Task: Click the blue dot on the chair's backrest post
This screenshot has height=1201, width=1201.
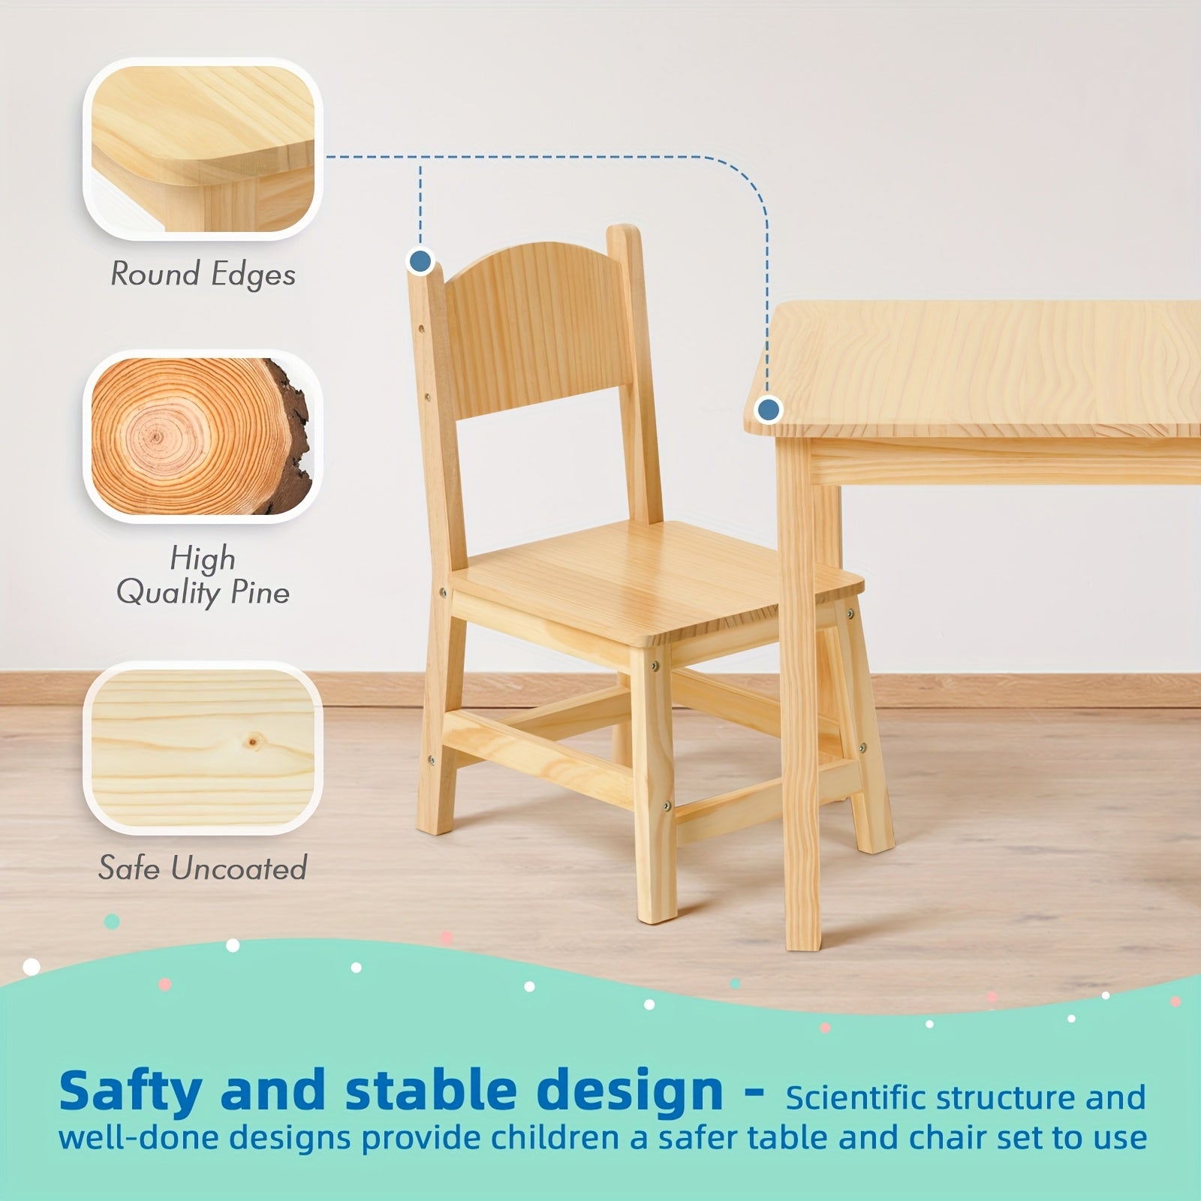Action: click(x=421, y=262)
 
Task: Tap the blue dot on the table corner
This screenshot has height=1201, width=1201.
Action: click(x=768, y=410)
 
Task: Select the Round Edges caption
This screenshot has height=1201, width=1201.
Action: click(x=203, y=275)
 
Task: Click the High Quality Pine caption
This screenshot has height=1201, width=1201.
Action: click(x=203, y=576)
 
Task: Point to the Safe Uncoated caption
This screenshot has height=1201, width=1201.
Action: click(x=203, y=868)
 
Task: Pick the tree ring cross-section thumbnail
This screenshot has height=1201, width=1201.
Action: click(x=203, y=437)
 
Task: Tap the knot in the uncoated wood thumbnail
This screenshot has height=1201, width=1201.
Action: click(x=254, y=742)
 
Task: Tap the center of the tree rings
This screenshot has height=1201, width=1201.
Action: click(x=155, y=436)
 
